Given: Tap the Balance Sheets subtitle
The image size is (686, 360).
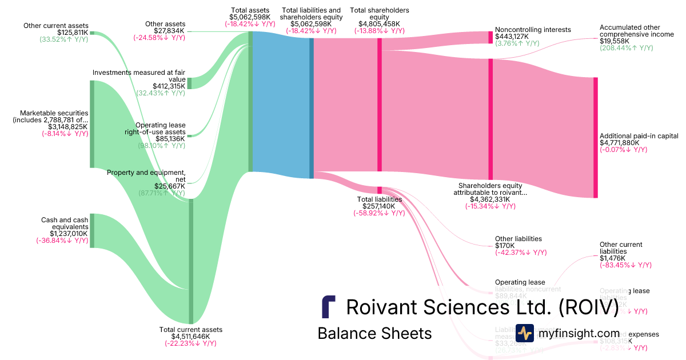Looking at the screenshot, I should [x=374, y=333].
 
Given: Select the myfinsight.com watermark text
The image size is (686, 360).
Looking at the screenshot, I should [x=579, y=333].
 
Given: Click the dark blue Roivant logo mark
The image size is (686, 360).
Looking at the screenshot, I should [x=328, y=307].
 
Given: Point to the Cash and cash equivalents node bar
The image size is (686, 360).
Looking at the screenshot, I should [x=91, y=230].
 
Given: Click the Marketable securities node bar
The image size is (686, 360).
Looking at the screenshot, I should [x=91, y=124].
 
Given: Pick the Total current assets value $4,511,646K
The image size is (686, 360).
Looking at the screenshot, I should [x=190, y=337].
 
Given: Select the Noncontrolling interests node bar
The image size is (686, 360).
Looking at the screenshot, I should [x=490, y=37].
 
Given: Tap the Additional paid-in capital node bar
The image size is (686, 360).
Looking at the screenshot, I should [x=595, y=137].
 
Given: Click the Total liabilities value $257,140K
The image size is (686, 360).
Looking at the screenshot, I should [x=379, y=206].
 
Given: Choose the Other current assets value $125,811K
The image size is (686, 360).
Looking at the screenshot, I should [x=73, y=33].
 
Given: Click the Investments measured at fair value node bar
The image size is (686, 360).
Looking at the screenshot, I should [x=190, y=82].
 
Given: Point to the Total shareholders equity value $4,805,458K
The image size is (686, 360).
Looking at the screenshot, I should [x=379, y=24].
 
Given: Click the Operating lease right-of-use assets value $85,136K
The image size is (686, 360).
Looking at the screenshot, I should [x=170, y=138].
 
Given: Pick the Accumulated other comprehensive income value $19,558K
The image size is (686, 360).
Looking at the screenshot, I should [x=615, y=42].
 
